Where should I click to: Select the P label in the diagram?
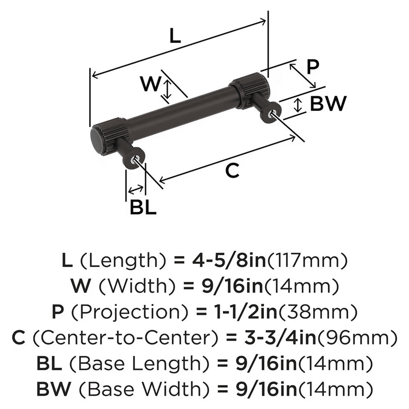(312, 67)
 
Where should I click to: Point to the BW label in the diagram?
(328, 104)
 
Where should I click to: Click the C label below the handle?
(232, 171)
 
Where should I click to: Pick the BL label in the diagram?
(143, 208)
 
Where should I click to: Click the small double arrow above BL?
(136, 189)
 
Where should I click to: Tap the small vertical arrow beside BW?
(298, 105)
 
